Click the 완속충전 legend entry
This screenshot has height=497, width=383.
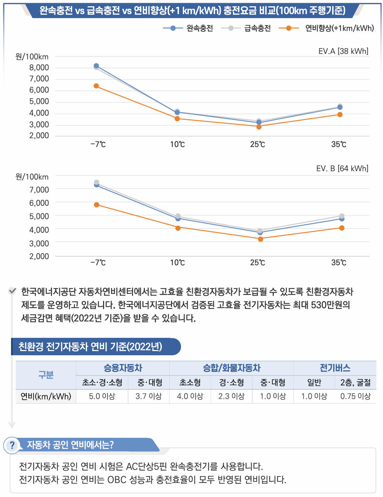(x=188, y=28)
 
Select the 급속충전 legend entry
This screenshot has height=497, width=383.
(x=246, y=28)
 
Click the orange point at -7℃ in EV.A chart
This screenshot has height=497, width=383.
(x=96, y=86)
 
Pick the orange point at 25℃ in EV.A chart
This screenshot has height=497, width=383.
(x=259, y=127)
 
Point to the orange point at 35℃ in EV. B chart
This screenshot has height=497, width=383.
(x=342, y=228)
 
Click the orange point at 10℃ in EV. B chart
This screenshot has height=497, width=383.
(x=178, y=228)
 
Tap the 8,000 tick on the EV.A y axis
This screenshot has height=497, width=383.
(x=39, y=68)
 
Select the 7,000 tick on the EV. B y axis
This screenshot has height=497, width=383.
(x=39, y=190)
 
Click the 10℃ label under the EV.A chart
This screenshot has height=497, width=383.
(x=178, y=145)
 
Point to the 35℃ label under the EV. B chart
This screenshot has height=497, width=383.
(x=339, y=263)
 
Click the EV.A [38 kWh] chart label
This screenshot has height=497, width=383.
(x=343, y=51)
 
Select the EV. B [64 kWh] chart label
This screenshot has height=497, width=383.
(x=342, y=169)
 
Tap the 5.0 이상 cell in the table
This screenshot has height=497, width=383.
(x=102, y=396)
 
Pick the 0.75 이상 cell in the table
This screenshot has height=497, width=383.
(x=355, y=396)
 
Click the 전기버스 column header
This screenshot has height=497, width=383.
(x=335, y=368)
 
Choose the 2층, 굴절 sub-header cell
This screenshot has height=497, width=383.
(x=355, y=383)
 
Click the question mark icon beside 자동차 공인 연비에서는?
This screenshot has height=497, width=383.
(x=12, y=445)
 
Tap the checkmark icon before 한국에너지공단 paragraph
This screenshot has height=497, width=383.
(x=12, y=291)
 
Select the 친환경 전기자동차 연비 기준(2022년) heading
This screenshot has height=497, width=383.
(x=91, y=347)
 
